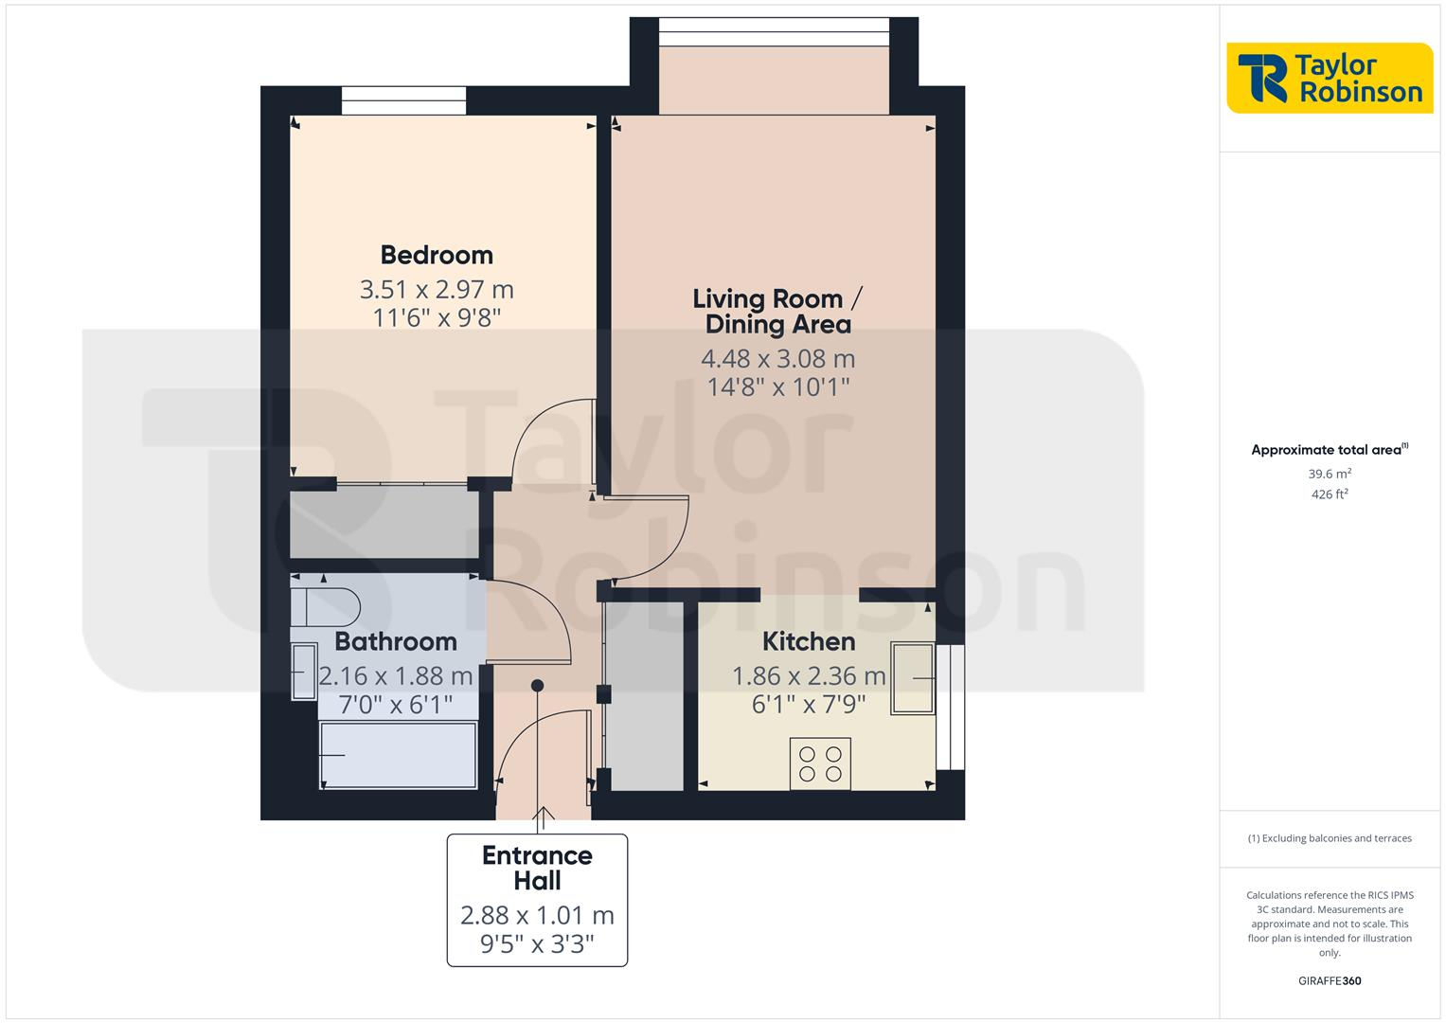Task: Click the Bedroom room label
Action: (437, 255)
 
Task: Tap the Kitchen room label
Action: (809, 641)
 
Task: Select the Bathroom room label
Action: (396, 641)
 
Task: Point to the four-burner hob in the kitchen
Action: (820, 763)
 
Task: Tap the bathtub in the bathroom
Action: (398, 755)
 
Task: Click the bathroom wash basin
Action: (304, 672)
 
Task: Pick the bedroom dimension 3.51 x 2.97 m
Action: (437, 289)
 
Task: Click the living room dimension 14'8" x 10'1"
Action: (777, 386)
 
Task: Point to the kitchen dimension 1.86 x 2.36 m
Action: (809, 676)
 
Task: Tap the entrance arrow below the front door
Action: (544, 817)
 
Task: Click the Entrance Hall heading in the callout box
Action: (537, 868)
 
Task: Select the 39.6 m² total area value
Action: (1330, 474)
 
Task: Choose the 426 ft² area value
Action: (1330, 494)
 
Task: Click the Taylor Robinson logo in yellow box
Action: (1330, 78)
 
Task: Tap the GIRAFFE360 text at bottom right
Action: (1330, 981)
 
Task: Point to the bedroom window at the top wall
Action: (403, 100)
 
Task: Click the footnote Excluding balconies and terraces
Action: (1330, 838)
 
